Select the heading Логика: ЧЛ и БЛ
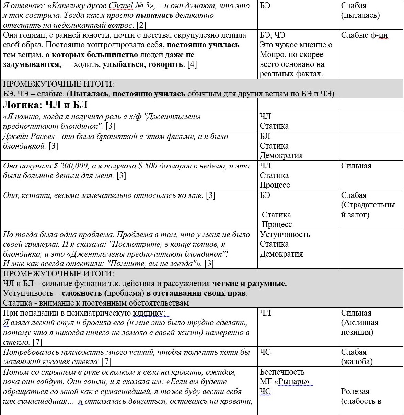coord(45,105)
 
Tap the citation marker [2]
coord(141,25)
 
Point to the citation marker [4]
coord(192,64)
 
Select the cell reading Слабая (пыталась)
coord(360,11)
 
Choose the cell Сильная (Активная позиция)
coord(360,322)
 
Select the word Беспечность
coord(282,372)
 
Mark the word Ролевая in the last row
coord(355,391)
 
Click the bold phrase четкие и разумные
coord(249,284)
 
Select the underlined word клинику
coord(149,313)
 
